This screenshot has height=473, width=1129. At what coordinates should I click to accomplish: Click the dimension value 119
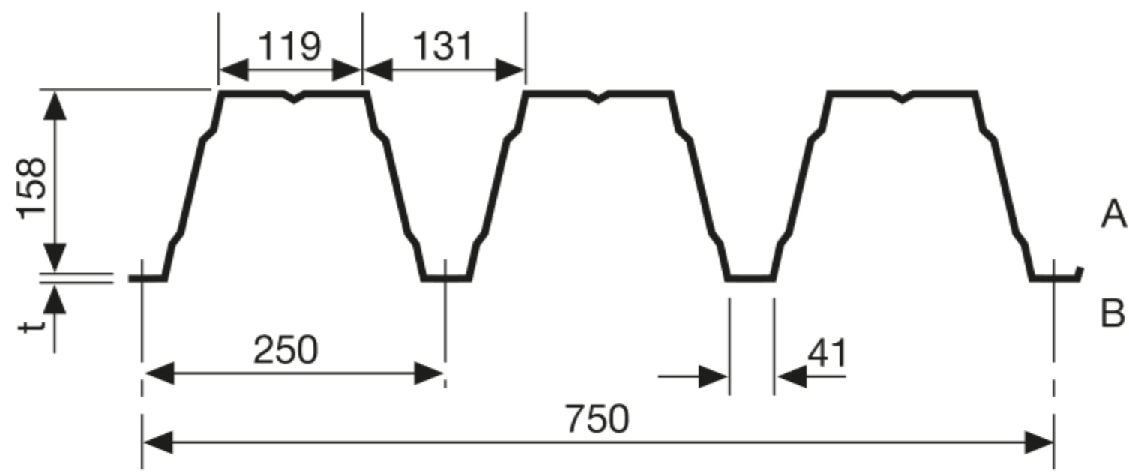(289, 46)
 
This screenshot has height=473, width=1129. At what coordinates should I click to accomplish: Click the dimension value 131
(443, 46)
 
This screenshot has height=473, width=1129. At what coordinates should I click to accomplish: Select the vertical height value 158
(32, 188)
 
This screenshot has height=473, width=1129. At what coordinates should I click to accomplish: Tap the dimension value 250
(286, 349)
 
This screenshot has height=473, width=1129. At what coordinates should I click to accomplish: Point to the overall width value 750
(597, 418)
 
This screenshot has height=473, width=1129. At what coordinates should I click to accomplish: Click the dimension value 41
(828, 353)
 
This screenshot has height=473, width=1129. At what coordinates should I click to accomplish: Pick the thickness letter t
(32, 326)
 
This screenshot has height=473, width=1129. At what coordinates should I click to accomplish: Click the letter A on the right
(1113, 214)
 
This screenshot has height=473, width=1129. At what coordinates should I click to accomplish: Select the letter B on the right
(1113, 313)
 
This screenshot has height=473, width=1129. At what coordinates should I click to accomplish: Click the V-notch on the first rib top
(294, 97)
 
